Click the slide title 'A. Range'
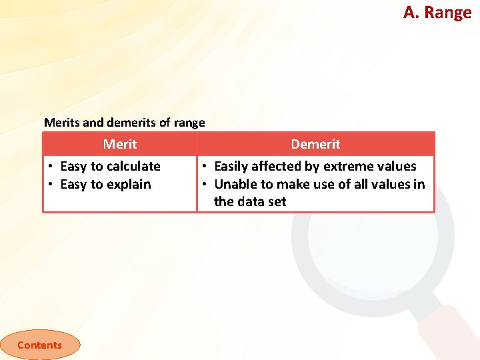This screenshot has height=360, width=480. pyautogui.click(x=437, y=12)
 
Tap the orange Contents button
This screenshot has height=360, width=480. pyautogui.click(x=39, y=345)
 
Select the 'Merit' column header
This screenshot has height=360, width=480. pyautogui.click(x=120, y=144)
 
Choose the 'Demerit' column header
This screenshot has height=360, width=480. pyautogui.click(x=315, y=144)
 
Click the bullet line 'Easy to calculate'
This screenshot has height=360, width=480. pyautogui.click(x=110, y=166)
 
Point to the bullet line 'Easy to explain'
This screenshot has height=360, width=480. pyautogui.click(x=105, y=184)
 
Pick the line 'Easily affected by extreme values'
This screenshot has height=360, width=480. pyautogui.click(x=315, y=166)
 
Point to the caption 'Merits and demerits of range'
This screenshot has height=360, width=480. pyautogui.click(x=124, y=123)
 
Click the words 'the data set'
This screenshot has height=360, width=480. pyautogui.click(x=249, y=201)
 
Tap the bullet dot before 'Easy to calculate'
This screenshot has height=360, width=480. pyautogui.click(x=51, y=167)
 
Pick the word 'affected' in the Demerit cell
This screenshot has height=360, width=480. pyautogui.click(x=278, y=166)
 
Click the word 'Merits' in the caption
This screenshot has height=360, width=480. pyautogui.click(x=61, y=123)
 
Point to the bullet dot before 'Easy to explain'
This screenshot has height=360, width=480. pyautogui.click(x=51, y=185)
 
